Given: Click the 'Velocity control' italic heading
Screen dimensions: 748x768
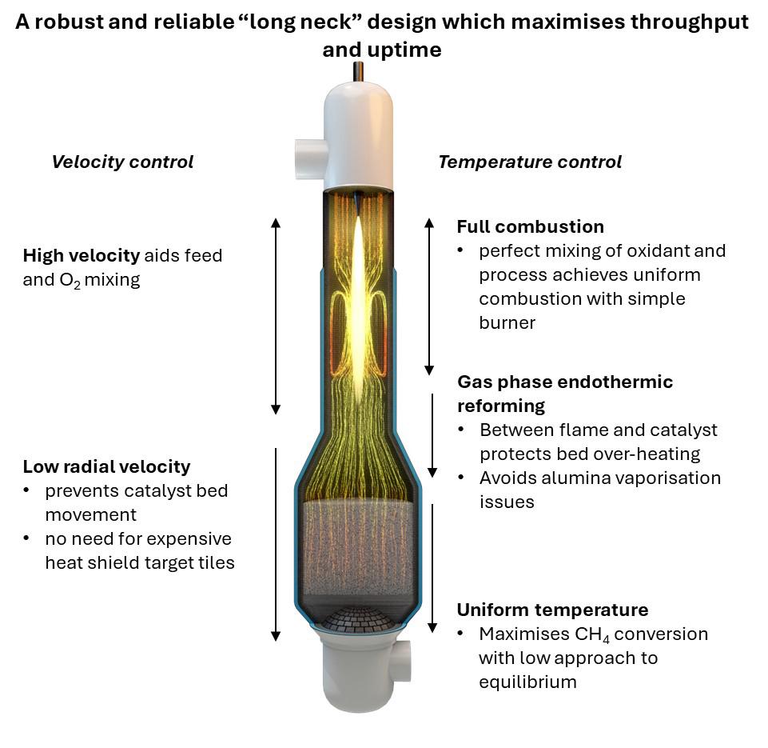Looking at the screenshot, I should tap(122, 162).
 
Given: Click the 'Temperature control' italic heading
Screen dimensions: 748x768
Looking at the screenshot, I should tap(529, 162).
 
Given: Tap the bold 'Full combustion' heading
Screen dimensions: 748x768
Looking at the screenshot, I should tap(530, 226).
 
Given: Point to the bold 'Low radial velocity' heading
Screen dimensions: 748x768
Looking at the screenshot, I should tap(106, 466).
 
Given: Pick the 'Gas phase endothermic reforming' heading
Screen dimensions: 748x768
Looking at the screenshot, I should tap(564, 394).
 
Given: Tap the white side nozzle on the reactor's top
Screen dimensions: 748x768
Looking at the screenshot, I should tap(309, 152).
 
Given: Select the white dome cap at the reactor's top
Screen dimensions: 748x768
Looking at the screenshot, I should tap(359, 132).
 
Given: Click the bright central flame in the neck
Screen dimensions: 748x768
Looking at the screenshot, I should tap(359, 304).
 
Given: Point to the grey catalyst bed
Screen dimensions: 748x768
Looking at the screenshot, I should tap(359, 552).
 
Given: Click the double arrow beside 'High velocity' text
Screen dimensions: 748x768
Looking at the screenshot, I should tap(276, 316).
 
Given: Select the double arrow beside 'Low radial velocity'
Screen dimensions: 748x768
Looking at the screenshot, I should tap(276, 544).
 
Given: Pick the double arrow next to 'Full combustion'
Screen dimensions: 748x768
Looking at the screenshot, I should tap(429, 296).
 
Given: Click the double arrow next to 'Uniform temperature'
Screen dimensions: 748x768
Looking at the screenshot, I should tap(432, 568).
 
